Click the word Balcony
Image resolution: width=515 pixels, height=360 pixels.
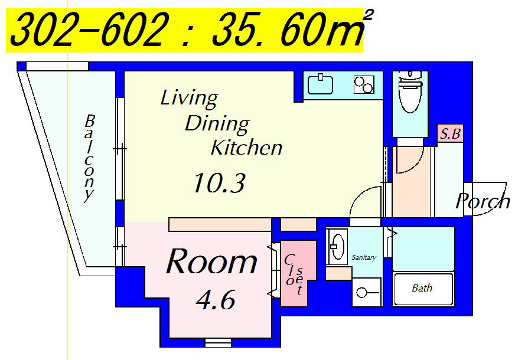[x=89, y=158]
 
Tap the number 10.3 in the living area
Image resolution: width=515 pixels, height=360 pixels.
[x=219, y=183]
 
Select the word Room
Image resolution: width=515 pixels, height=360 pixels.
[x=212, y=261]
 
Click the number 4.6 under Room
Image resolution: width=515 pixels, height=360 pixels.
[x=216, y=299]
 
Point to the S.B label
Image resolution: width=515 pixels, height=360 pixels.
[x=450, y=133]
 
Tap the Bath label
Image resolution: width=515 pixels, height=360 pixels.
[x=422, y=288]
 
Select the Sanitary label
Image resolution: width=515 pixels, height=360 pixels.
[x=364, y=257]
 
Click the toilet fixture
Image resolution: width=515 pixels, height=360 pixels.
[x=410, y=91]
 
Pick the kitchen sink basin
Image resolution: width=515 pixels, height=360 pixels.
[x=320, y=84]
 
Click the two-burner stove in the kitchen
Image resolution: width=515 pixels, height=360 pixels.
[x=364, y=84]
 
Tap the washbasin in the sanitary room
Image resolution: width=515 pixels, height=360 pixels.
[x=337, y=247]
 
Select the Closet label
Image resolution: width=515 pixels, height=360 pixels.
[x=294, y=274]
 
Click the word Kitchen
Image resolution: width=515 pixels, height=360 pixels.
[x=246, y=148]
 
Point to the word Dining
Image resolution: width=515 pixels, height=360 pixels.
[x=217, y=124]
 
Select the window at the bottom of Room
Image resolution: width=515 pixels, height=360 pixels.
[x=218, y=343]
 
